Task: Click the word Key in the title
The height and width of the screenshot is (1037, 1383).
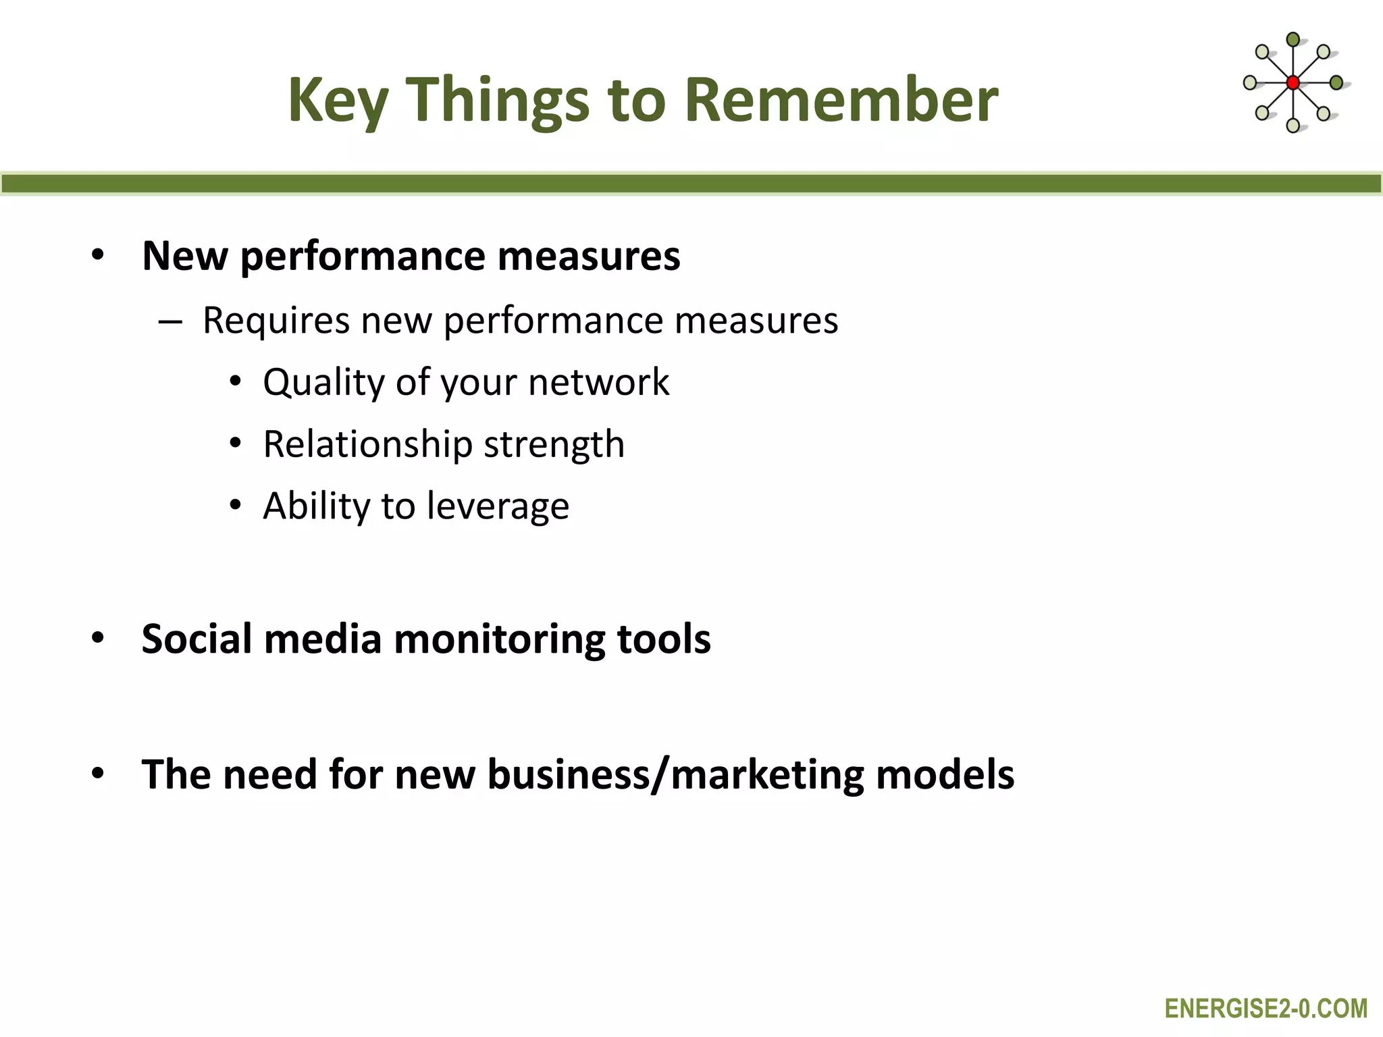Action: [338, 101]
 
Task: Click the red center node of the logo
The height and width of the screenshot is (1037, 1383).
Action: [1293, 83]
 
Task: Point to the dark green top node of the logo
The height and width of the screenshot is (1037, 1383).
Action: [1293, 40]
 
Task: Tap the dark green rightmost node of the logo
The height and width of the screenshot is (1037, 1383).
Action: [1336, 83]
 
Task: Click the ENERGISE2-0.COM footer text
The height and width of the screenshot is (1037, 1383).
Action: [1265, 1009]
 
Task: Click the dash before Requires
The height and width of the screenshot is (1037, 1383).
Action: [170, 322]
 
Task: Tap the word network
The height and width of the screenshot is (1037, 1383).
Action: [598, 382]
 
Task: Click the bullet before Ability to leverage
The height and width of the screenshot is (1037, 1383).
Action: [235, 506]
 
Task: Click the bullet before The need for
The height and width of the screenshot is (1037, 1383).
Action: [98, 774]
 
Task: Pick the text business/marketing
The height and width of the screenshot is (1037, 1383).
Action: [675, 774]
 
